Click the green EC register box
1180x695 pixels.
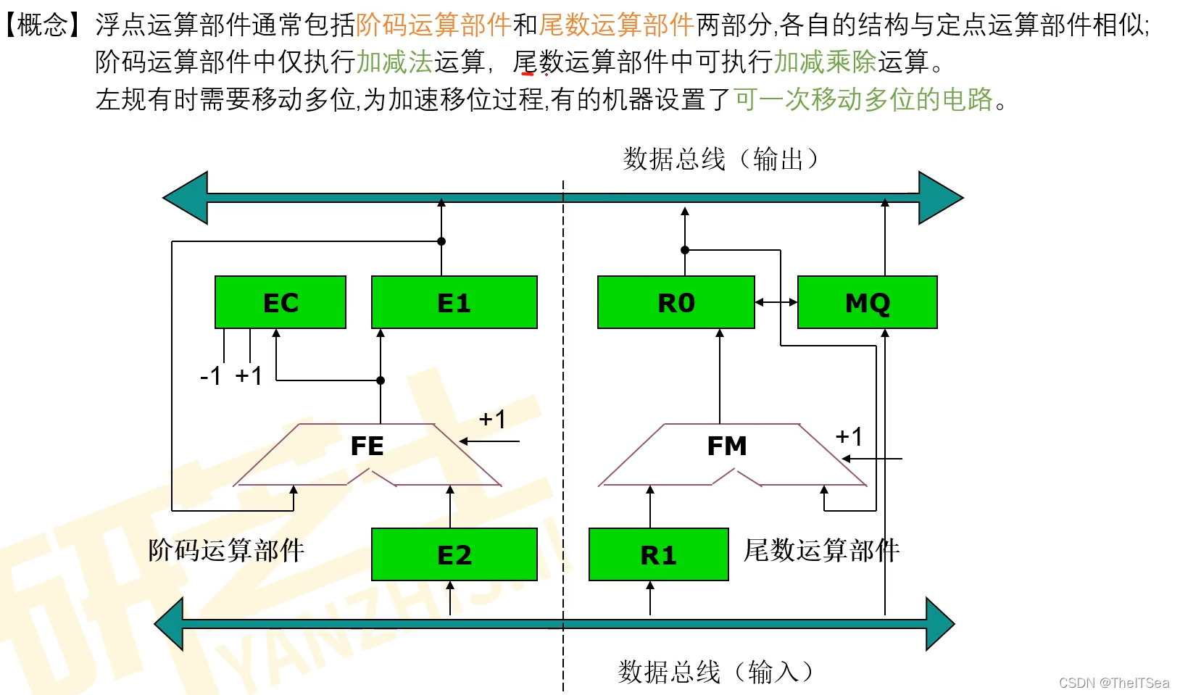[x=281, y=302]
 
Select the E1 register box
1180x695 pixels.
[x=454, y=302]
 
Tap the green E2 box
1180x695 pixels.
[x=454, y=554]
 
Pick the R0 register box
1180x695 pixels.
[x=676, y=302]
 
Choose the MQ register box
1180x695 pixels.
[x=867, y=302]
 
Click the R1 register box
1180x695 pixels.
[x=658, y=554]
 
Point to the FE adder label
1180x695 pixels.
[x=367, y=446]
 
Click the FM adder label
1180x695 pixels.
[x=726, y=446]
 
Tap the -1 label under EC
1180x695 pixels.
[x=211, y=376]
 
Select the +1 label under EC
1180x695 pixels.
[x=249, y=376]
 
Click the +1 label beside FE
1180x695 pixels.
[x=492, y=419]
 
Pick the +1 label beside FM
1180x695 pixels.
[x=849, y=436]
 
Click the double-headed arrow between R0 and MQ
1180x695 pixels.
[x=776, y=302]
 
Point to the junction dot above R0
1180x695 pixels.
[x=685, y=250]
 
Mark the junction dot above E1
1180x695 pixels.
[x=441, y=241]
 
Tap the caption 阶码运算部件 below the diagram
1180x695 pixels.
[x=226, y=550]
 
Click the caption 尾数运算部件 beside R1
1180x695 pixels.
[x=821, y=550]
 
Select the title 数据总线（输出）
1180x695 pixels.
[x=720, y=159]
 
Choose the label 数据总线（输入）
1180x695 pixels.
[x=715, y=672]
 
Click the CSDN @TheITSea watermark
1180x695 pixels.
[x=1114, y=683]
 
